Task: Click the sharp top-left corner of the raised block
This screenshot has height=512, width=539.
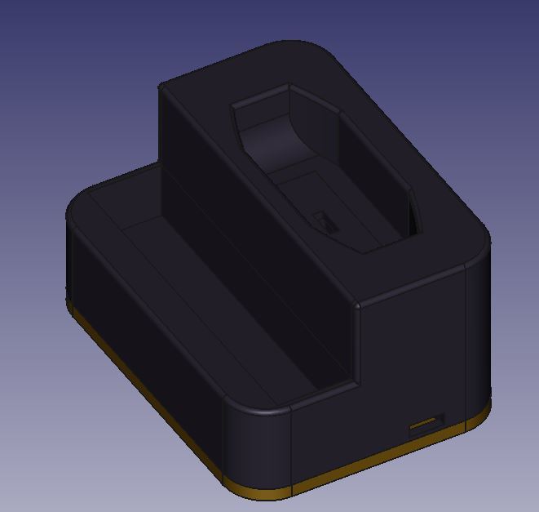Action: coord(160,84)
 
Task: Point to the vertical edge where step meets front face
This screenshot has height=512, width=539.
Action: coord(357,343)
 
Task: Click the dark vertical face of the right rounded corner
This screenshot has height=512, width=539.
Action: coord(479,343)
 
